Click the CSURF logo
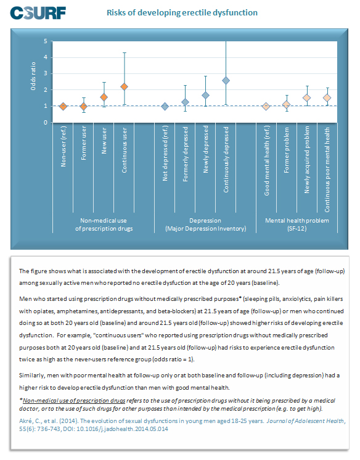[x=38, y=13]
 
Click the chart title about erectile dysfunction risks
[x=182, y=12]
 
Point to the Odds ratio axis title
[x=33, y=76]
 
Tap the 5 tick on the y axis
[x=46, y=41]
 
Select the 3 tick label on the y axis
[x=46, y=73]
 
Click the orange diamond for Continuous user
[x=124, y=87]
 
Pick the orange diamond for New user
[x=104, y=97]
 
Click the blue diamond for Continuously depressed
[x=226, y=81]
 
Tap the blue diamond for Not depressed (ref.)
[x=165, y=106]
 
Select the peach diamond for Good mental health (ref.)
[x=266, y=106]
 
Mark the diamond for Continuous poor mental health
[x=327, y=97]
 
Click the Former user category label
[x=84, y=143]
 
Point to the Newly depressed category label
[x=206, y=149]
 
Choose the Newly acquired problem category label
[x=307, y=160]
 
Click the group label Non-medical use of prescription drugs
[x=104, y=224]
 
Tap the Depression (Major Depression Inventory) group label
[x=205, y=224]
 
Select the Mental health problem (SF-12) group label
[x=297, y=224]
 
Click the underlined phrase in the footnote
[x=74, y=400]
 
